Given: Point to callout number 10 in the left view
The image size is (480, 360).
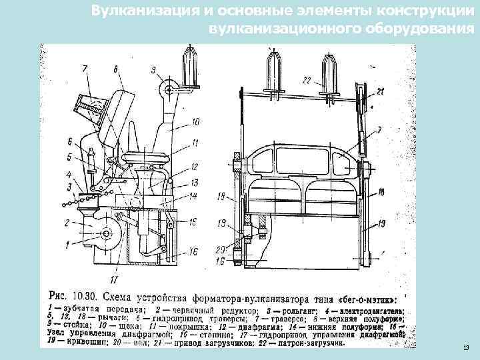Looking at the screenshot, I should (x=195, y=122).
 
